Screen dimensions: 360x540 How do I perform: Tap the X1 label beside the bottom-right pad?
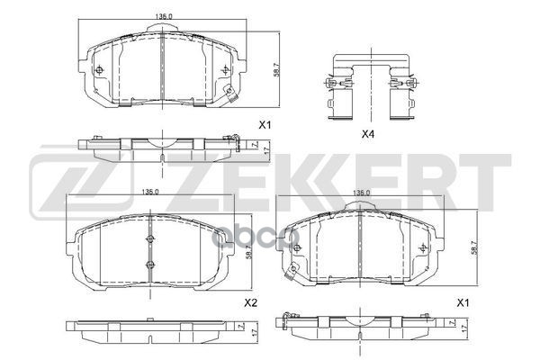463,303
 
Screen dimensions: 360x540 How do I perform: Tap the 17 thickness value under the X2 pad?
253,332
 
